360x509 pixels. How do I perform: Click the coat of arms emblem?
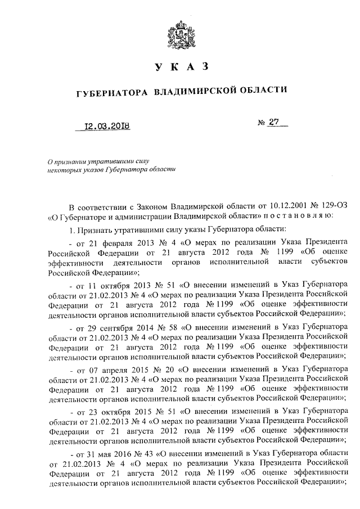click(180, 34)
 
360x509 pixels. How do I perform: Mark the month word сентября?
click(114, 326)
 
